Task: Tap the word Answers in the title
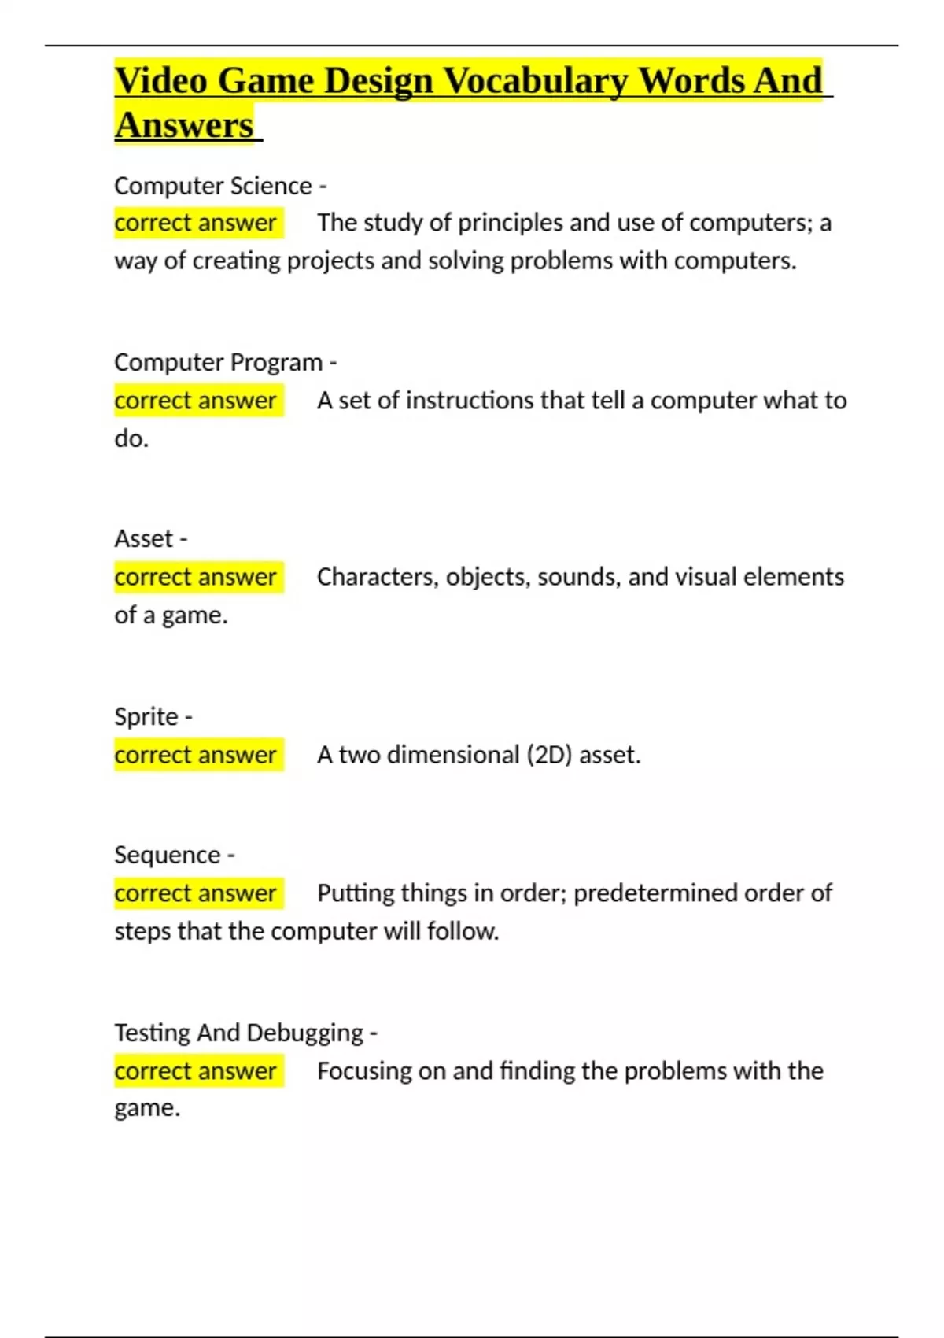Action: (x=184, y=126)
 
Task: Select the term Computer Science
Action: (x=212, y=186)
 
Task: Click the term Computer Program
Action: (x=218, y=362)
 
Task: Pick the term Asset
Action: (x=143, y=539)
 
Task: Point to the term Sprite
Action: (x=146, y=716)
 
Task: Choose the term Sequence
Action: (x=167, y=855)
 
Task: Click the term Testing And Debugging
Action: (x=238, y=1033)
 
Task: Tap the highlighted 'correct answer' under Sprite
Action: (x=195, y=755)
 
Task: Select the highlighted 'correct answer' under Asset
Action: (x=195, y=577)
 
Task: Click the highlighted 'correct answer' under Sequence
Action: (x=195, y=893)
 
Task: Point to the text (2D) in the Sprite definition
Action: (x=548, y=755)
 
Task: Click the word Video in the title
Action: (x=161, y=82)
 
